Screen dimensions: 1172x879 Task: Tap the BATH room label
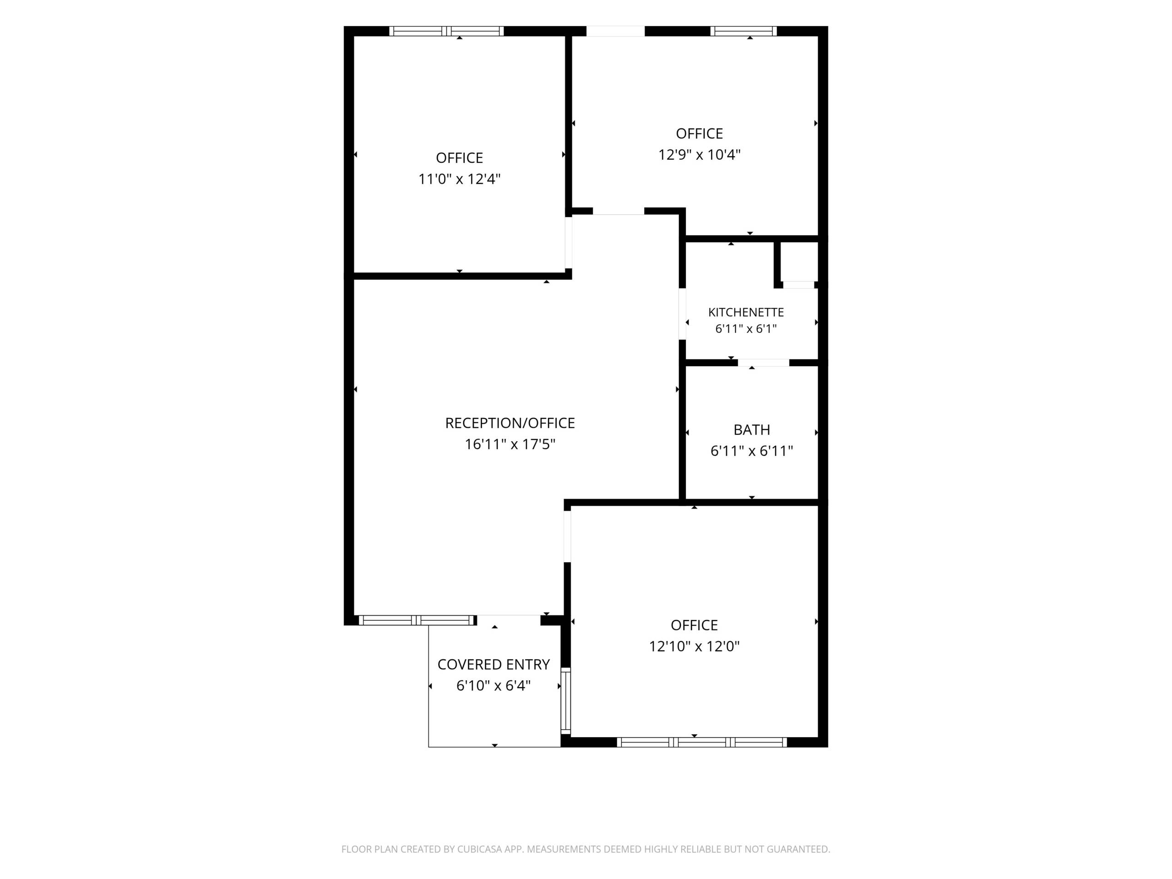(751, 430)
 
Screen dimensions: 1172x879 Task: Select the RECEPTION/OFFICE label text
(510, 423)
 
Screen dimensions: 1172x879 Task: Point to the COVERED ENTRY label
(493, 664)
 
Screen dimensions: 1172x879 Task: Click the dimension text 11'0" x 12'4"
(459, 179)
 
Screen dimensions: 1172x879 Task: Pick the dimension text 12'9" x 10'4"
(699, 155)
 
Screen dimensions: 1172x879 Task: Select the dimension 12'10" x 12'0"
(694, 646)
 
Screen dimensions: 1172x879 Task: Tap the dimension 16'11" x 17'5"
(510, 444)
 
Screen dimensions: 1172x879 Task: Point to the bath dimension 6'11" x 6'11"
(751, 451)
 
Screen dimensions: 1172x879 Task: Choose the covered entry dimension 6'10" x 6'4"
(493, 686)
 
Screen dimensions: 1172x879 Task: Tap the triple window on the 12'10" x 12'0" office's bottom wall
(702, 742)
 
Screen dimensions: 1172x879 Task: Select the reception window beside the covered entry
(417, 620)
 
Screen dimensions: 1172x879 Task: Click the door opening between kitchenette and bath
(764, 363)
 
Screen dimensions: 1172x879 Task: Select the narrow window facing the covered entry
(566, 701)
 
